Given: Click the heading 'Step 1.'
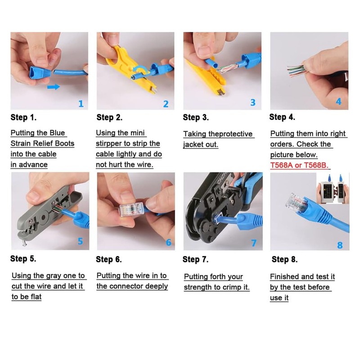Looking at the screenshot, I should coord(23,118).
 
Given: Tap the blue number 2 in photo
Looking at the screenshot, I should coord(166,104).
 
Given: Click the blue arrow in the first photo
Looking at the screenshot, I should coord(53,86).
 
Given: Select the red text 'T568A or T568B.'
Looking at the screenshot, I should coord(299,165).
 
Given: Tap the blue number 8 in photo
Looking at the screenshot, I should coord(340,245).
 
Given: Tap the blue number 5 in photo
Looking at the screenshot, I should coord(80,241).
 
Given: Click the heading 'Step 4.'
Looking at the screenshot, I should coord(282,117).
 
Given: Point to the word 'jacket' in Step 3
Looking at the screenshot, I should coord(193,144).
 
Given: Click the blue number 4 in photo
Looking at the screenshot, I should coord(338,102).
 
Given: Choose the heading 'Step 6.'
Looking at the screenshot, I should coord(108,260).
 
